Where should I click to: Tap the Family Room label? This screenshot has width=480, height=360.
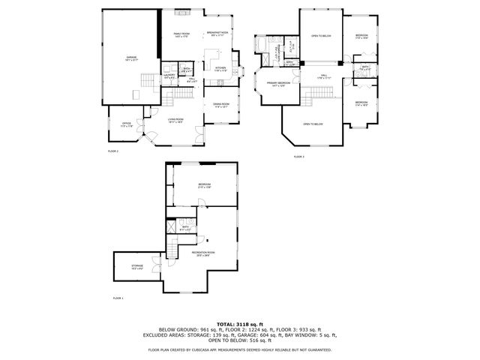tap(181, 34)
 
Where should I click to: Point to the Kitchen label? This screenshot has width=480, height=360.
tap(220, 69)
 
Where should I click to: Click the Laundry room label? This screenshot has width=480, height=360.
tap(169, 75)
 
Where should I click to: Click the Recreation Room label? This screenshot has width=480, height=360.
tap(202, 253)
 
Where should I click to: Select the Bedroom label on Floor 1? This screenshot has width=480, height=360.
tap(205, 184)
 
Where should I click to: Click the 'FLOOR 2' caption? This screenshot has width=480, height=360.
tap(113, 151)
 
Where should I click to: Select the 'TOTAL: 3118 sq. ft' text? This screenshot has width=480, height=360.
tap(240, 323)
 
